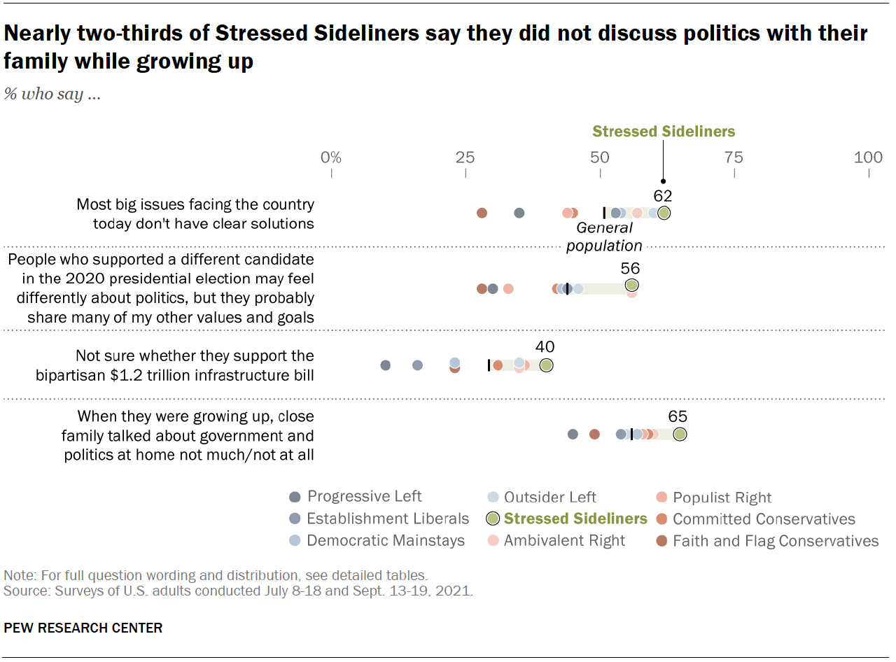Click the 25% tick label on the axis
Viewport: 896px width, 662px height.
click(465, 157)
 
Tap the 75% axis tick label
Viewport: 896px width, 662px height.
click(734, 157)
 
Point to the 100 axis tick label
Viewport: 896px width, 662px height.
click(868, 157)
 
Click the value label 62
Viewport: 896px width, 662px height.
click(662, 196)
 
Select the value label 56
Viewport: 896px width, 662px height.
click(630, 269)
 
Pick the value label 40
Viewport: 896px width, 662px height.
click(545, 347)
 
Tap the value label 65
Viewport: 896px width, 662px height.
click(678, 417)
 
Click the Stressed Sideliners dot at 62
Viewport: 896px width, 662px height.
click(664, 213)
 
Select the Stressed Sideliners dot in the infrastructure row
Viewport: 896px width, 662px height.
click(546, 365)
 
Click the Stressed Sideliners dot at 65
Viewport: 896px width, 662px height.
click(680, 435)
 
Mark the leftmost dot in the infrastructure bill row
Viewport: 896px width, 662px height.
click(385, 365)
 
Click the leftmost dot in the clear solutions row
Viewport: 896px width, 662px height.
click(482, 213)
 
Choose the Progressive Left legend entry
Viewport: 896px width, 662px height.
click(364, 497)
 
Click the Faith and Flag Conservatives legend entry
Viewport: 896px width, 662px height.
click(775, 541)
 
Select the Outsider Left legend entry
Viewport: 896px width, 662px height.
click(549, 497)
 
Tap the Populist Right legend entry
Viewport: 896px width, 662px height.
click(722, 498)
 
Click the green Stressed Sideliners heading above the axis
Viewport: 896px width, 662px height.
click(664, 132)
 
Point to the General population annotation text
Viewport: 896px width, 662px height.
click(604, 237)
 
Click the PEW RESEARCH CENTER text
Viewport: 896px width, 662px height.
click(83, 628)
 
